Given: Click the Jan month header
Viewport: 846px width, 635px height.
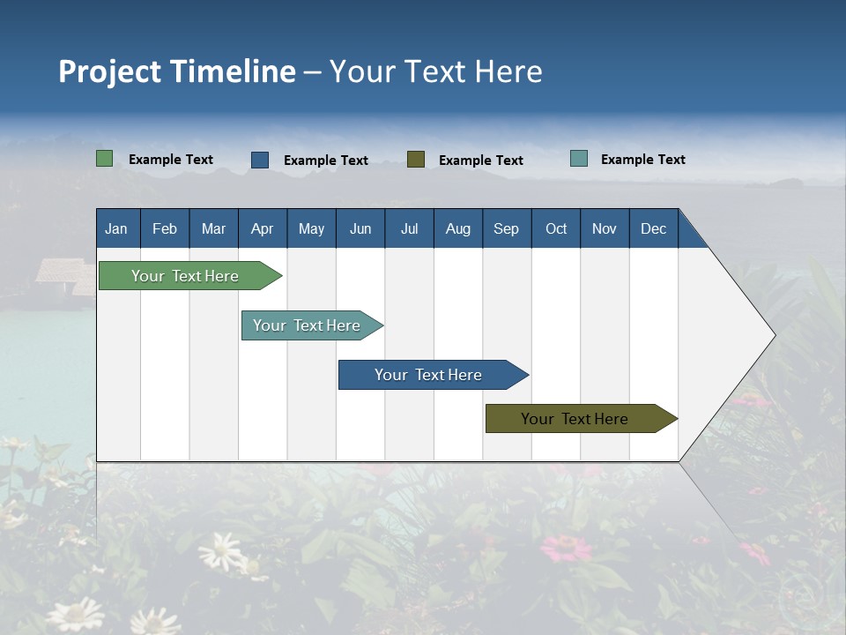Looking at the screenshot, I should point(116,228).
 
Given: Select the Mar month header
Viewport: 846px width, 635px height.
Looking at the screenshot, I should point(213,228).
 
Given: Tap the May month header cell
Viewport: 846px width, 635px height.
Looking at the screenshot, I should point(311,228).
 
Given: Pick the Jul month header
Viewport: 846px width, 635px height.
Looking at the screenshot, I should point(409,228).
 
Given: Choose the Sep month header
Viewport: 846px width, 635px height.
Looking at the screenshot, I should point(506,228).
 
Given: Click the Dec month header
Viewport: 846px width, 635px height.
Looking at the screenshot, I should point(653,228).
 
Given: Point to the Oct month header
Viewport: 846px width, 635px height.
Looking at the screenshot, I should point(556,228).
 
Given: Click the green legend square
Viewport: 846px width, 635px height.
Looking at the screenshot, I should point(105,159).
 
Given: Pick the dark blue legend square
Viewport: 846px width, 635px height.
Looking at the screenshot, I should point(260,160).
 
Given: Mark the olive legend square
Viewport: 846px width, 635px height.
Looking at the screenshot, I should point(416,159).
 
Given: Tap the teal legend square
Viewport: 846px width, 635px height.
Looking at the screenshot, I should point(579,159).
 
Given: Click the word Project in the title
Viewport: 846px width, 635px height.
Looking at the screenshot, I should point(110,71).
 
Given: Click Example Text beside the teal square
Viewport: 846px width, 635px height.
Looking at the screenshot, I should point(642,160).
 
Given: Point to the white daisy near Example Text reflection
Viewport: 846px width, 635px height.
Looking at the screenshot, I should point(222,553).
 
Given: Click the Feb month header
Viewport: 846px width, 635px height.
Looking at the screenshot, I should point(165,228).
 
